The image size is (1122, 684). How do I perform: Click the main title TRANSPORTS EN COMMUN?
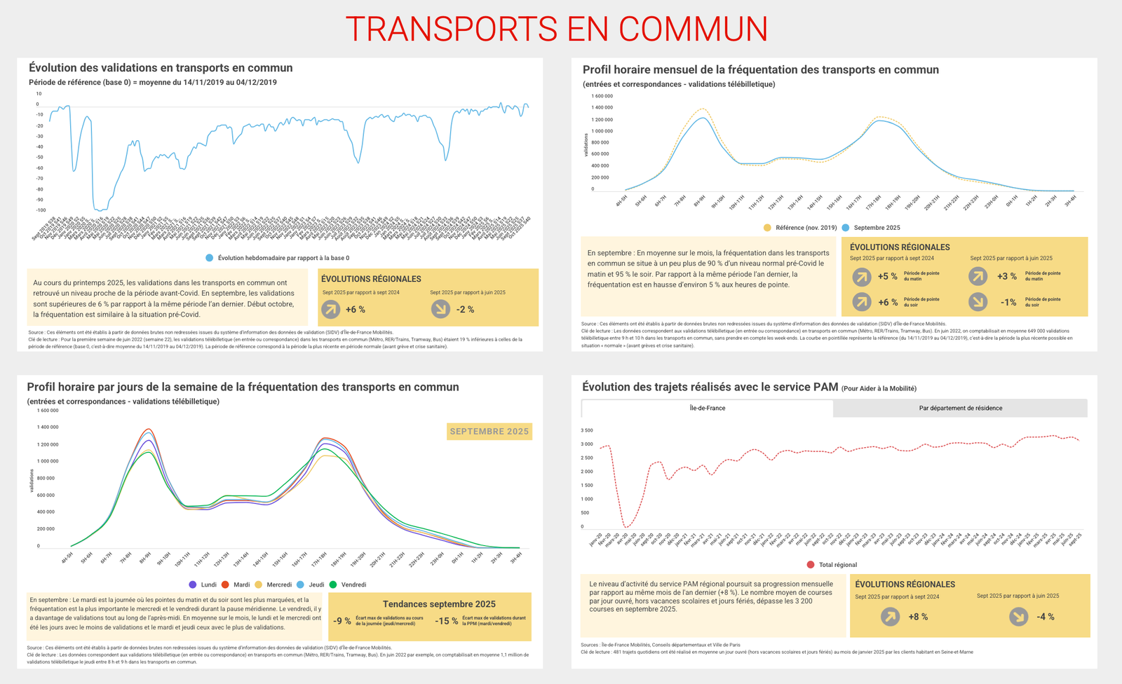pyautogui.click(x=557, y=29)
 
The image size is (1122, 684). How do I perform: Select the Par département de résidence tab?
pyautogui.click(x=960, y=408)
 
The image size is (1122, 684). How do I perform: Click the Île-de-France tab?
pyautogui.click(x=707, y=408)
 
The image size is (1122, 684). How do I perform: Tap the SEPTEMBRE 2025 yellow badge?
pyautogui.click(x=489, y=431)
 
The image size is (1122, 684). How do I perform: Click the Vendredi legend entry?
pyautogui.click(x=349, y=584)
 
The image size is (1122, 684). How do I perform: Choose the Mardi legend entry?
pyautogui.click(x=236, y=584)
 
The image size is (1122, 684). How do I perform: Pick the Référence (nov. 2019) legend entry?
pyautogui.click(x=800, y=228)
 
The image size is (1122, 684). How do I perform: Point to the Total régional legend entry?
pyautogui.click(x=832, y=565)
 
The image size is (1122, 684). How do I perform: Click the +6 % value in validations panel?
pyautogui.click(x=355, y=310)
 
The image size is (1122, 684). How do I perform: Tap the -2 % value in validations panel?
pyautogui.click(x=465, y=310)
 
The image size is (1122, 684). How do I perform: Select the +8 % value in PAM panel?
pyautogui.click(x=918, y=617)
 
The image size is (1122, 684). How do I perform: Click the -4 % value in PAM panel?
pyautogui.click(x=1046, y=617)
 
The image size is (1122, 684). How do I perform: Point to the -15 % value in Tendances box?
pyautogui.click(x=446, y=621)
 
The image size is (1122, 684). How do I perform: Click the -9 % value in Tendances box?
pyautogui.click(x=342, y=621)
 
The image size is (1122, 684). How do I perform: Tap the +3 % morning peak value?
pyautogui.click(x=1007, y=276)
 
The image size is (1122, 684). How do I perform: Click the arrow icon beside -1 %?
pyautogui.click(x=978, y=302)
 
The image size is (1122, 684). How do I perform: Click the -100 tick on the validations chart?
pyautogui.click(x=41, y=210)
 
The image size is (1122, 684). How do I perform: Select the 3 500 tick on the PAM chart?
pyautogui.click(x=587, y=430)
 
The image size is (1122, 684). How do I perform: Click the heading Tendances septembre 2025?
pyautogui.click(x=439, y=604)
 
